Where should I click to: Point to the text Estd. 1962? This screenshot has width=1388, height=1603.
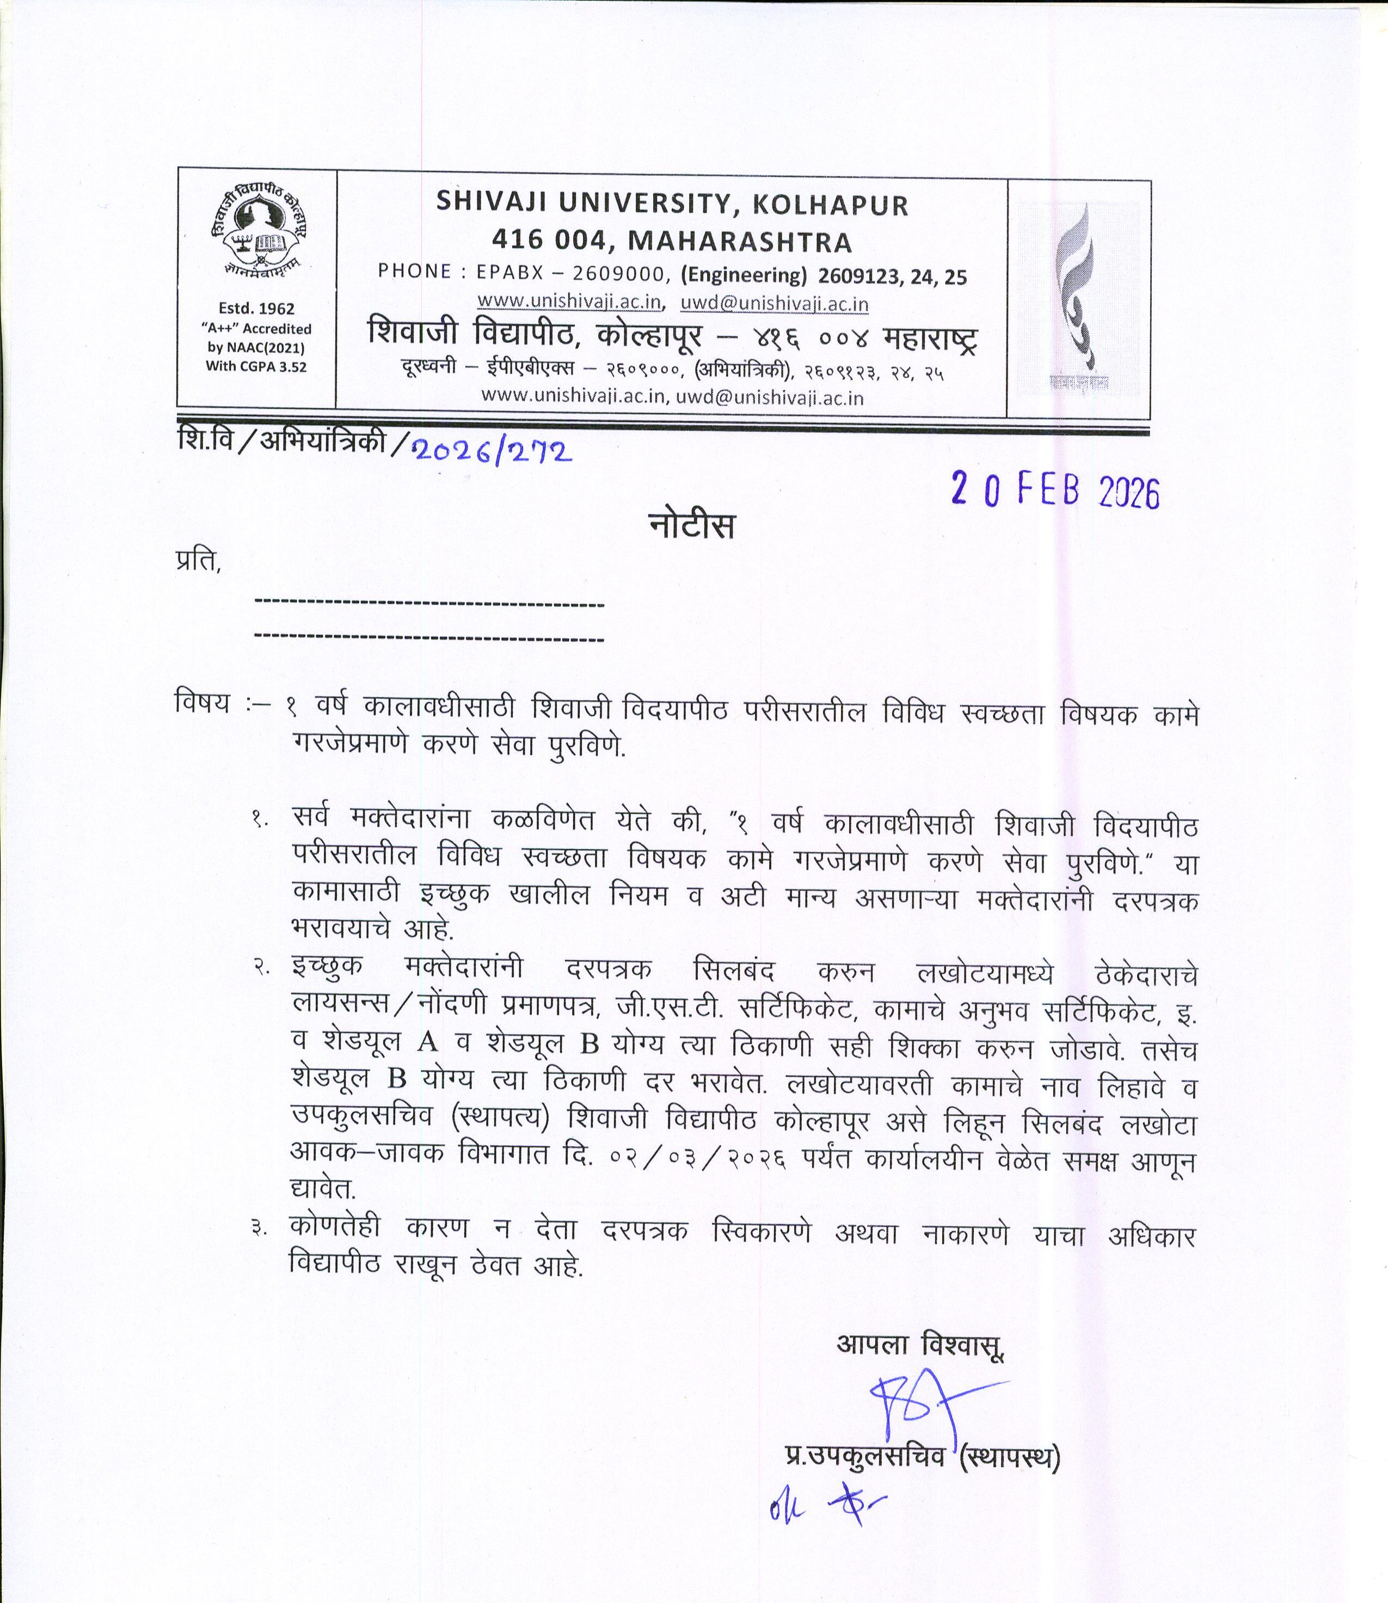(256, 308)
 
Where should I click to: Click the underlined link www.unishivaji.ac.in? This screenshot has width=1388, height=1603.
(568, 301)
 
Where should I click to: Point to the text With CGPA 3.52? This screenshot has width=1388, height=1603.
(256, 366)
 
